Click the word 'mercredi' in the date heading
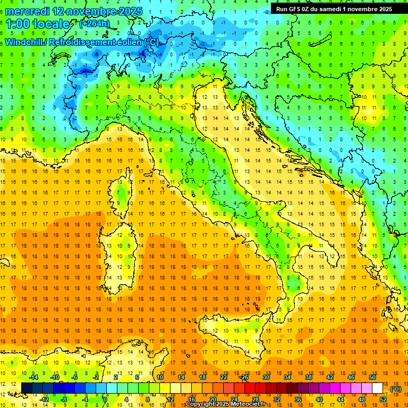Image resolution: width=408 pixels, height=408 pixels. point(28,11)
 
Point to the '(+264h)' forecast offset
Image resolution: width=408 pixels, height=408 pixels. point(95,24)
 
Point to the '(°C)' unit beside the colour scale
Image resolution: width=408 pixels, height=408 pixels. point(395,389)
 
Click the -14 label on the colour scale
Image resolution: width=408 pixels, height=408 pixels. point(33,377)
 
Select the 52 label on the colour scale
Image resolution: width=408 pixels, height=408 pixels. point(383,399)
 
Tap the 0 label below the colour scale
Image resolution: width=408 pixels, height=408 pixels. point(106,399)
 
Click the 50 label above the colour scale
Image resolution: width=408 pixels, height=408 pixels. point(372,377)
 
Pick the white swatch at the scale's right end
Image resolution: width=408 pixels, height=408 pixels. point(378,388)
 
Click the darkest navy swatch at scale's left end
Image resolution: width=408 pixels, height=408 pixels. point(27,388)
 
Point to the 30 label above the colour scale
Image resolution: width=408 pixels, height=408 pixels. point(266,377)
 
